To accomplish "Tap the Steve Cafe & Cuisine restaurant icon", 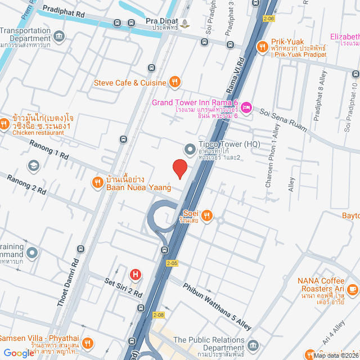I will coord(175,83).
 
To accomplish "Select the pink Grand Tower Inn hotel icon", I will coord(247,106).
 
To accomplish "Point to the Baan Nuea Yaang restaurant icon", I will coord(97,181).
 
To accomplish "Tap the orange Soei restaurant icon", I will coord(207,215).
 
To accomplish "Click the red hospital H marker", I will coord(135,274).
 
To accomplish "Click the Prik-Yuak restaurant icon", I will coord(262,47).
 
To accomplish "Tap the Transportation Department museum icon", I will coord(60,37).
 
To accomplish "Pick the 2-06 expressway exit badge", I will coord(268,19).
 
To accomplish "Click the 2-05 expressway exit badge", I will coord(172,262).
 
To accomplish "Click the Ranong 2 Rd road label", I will coord(26,184).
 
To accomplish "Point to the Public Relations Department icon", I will coord(253,344).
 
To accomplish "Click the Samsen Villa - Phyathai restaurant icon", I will coord(87,343).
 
